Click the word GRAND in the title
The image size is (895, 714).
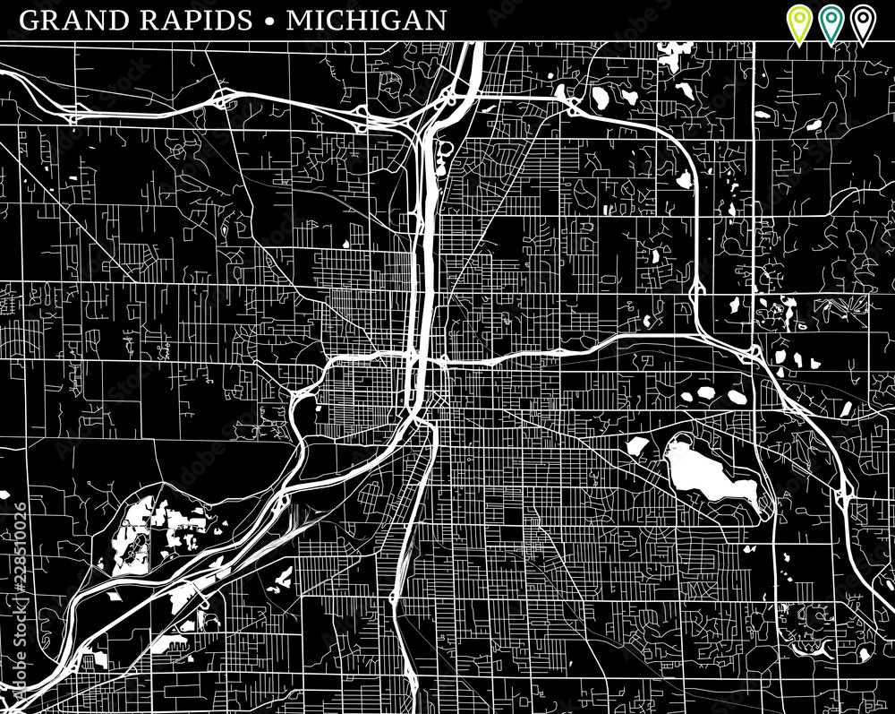pyautogui.click(x=68, y=20)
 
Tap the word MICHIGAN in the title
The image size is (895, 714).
pyautogui.click(x=366, y=20)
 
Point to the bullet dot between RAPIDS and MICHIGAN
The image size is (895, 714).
pyautogui.click(x=269, y=21)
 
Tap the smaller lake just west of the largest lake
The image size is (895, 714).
pyautogui.click(x=637, y=445)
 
